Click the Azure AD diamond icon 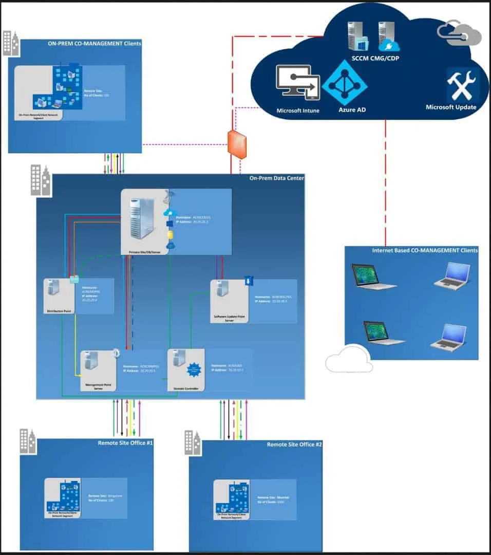point(344,83)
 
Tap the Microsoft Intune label point(298,110)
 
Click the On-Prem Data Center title point(276,178)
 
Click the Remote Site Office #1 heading point(125,442)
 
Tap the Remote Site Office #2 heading point(294,444)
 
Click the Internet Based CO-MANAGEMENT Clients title point(425,250)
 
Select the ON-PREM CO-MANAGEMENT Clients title point(94,44)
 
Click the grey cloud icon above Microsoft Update point(459,34)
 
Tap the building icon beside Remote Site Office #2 point(193,442)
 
